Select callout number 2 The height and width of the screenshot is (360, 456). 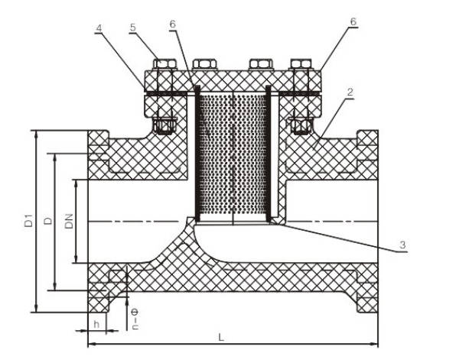click(x=350, y=93)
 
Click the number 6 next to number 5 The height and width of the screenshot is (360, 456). click(x=173, y=25)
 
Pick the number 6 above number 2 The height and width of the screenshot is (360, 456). click(x=353, y=23)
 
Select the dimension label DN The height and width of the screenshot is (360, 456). click(x=69, y=222)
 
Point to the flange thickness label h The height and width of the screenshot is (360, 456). click(x=96, y=323)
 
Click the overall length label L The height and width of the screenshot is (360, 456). click(x=221, y=336)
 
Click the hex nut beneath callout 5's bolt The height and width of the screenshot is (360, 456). click(x=161, y=125)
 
